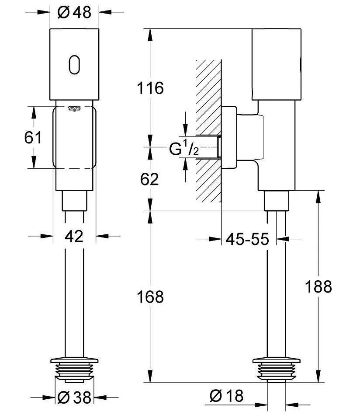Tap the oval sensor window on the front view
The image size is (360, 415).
pos(74,64)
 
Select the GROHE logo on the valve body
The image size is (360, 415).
pos(74,108)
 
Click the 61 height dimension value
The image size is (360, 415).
pos(33,138)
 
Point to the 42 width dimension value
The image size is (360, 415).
pos(74,237)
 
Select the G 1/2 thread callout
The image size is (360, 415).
pos(184,150)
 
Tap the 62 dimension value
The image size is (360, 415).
pos(150,179)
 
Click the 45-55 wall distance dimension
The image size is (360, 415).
pos(247,239)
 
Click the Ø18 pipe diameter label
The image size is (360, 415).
pos(226,396)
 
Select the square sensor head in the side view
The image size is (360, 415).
pos(277,65)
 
